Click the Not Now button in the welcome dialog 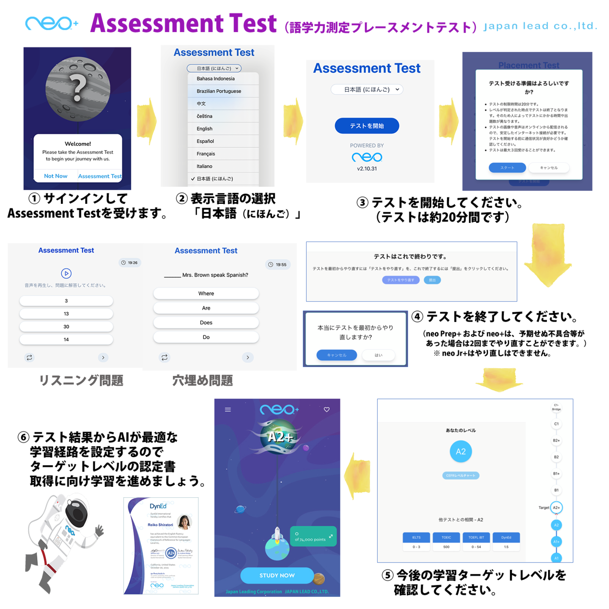(x=55, y=176)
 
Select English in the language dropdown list (x=205, y=129)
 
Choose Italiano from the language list (x=205, y=166)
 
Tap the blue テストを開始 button (x=367, y=126)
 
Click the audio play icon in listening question (x=66, y=274)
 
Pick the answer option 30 (x=66, y=326)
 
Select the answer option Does (x=206, y=323)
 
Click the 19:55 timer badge (x=277, y=265)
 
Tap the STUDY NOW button (x=277, y=576)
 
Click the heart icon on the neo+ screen (x=326, y=409)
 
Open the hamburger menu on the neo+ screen (x=228, y=409)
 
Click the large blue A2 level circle (x=461, y=451)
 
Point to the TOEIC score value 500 (x=446, y=547)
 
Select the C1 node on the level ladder (x=557, y=424)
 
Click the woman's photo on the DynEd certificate (x=184, y=522)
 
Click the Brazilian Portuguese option (x=219, y=91)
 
